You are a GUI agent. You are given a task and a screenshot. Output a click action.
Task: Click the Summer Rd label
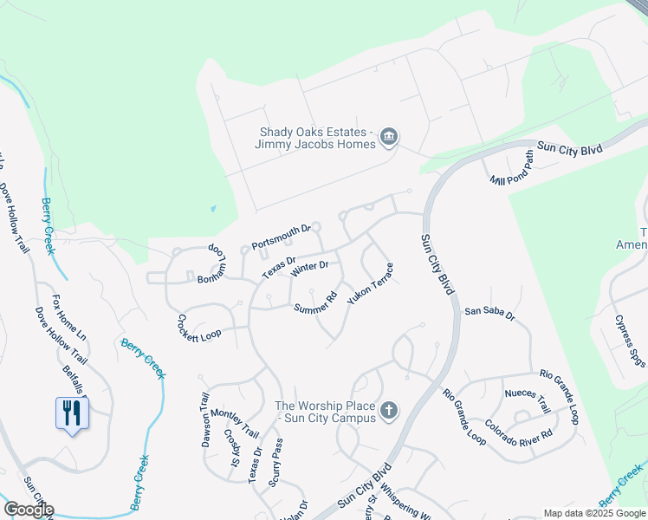pyautogui.click(x=315, y=302)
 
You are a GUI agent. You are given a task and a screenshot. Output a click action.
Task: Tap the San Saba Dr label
pyautogui.click(x=489, y=311)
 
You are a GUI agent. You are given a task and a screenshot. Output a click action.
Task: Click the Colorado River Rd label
pyautogui.click(x=518, y=431)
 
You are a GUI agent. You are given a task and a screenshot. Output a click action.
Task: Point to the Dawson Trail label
pyautogui.click(x=206, y=420)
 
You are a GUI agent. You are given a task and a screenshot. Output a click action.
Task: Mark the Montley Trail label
pyautogui.click(x=235, y=423)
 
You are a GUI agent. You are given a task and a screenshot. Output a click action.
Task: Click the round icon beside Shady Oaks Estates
pyautogui.click(x=388, y=138)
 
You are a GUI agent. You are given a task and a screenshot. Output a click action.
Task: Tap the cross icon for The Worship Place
pyautogui.click(x=389, y=411)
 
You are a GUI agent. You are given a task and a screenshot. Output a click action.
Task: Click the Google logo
pyautogui.click(x=29, y=510)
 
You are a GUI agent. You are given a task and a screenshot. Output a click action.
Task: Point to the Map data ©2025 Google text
pyautogui.click(x=593, y=513)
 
